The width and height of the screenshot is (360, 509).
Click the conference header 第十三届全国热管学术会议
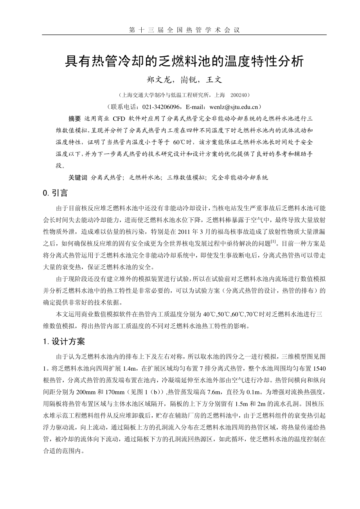(184, 30)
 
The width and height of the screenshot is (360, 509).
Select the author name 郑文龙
(157, 80)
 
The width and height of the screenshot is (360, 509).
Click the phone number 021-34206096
(161, 106)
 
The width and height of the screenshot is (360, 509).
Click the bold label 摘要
(74, 118)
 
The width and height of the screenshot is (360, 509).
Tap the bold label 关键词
(78, 177)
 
